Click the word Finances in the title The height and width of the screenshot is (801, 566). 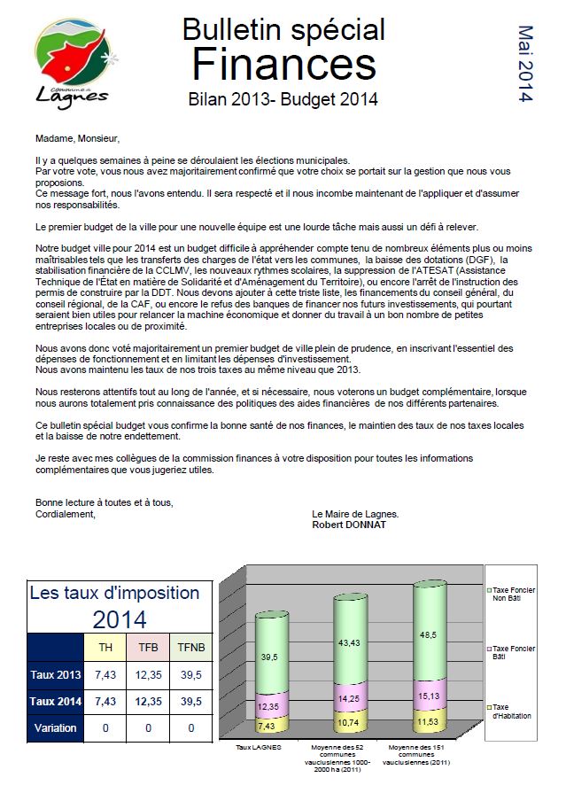tap(283, 64)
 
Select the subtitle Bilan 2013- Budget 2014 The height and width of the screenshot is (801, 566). tap(283, 99)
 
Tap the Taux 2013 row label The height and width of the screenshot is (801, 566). tap(55, 675)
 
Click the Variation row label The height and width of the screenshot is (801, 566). tap(55, 728)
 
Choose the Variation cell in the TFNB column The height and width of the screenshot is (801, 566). tap(190, 728)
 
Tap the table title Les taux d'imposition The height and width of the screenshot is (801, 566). tap(115, 593)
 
